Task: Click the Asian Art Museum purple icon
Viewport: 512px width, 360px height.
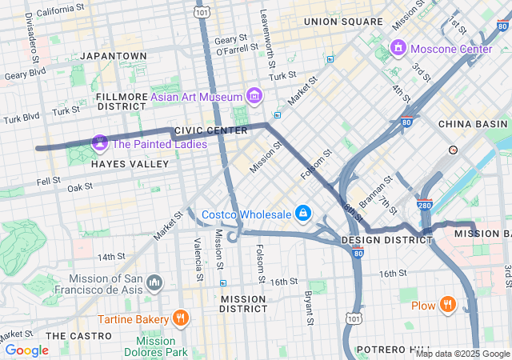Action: click(254, 97)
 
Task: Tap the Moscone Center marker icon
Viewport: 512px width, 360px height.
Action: click(398, 49)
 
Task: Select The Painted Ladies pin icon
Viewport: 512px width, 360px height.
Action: click(100, 144)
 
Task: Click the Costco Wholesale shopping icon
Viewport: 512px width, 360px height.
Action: click(303, 214)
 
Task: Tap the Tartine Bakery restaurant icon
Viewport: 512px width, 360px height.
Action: click(180, 318)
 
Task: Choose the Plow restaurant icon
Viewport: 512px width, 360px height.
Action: click(447, 305)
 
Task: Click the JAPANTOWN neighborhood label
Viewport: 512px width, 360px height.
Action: click(113, 56)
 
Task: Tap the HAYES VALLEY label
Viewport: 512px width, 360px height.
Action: click(130, 164)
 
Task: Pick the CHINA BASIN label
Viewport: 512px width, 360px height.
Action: click(472, 124)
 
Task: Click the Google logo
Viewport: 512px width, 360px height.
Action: click(26, 350)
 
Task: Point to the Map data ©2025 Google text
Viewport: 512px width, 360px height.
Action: click(462, 354)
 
